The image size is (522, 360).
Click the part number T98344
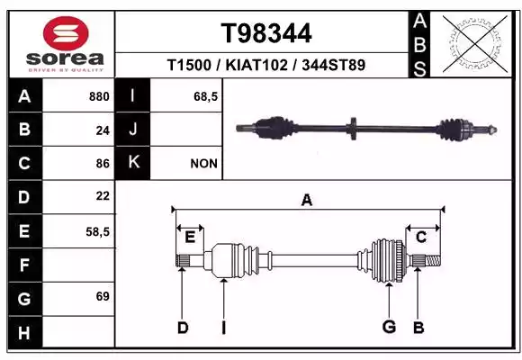click(x=266, y=33)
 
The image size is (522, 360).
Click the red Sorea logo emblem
click(x=66, y=33)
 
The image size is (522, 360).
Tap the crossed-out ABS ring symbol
click(x=475, y=43)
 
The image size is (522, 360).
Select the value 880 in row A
click(x=99, y=96)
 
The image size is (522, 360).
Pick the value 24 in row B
click(x=103, y=130)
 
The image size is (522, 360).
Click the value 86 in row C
click(x=103, y=164)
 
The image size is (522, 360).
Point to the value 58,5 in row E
click(x=97, y=232)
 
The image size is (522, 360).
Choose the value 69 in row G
click(x=103, y=296)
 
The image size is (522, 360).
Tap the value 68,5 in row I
click(x=206, y=96)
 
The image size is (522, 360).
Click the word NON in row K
click(x=203, y=164)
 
